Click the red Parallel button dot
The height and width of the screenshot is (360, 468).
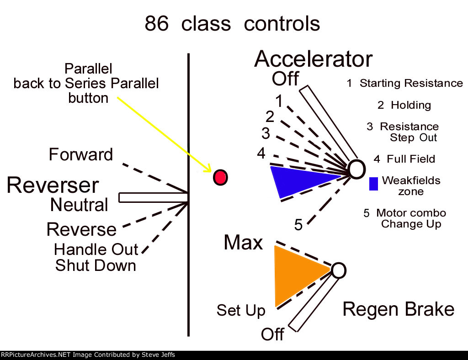click(x=220, y=177)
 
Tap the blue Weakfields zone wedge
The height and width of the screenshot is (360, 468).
click(x=297, y=180)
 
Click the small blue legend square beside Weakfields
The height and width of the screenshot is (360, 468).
click(x=373, y=184)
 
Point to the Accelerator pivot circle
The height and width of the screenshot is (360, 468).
click(x=356, y=169)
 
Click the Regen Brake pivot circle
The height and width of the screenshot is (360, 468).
click(x=338, y=270)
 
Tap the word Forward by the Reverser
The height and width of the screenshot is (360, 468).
click(x=81, y=154)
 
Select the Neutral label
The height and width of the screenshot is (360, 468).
click(x=79, y=205)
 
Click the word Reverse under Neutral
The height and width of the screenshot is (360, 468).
click(x=81, y=229)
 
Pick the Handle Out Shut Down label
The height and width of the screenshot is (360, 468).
click(x=96, y=258)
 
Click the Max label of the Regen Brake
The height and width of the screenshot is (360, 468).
click(x=243, y=243)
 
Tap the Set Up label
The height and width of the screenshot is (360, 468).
click(x=241, y=311)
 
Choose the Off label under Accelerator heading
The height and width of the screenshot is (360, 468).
click(x=285, y=79)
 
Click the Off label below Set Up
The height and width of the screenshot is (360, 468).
click(x=272, y=334)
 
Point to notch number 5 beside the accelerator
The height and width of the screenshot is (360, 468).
click(x=298, y=225)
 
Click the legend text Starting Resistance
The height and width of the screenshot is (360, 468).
click(x=410, y=83)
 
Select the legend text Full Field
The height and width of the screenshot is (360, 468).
click(x=410, y=159)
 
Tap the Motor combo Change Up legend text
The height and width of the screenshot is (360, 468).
click(x=410, y=218)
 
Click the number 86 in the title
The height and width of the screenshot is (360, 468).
click(x=157, y=24)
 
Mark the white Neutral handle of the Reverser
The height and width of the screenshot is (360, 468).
click(x=154, y=197)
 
